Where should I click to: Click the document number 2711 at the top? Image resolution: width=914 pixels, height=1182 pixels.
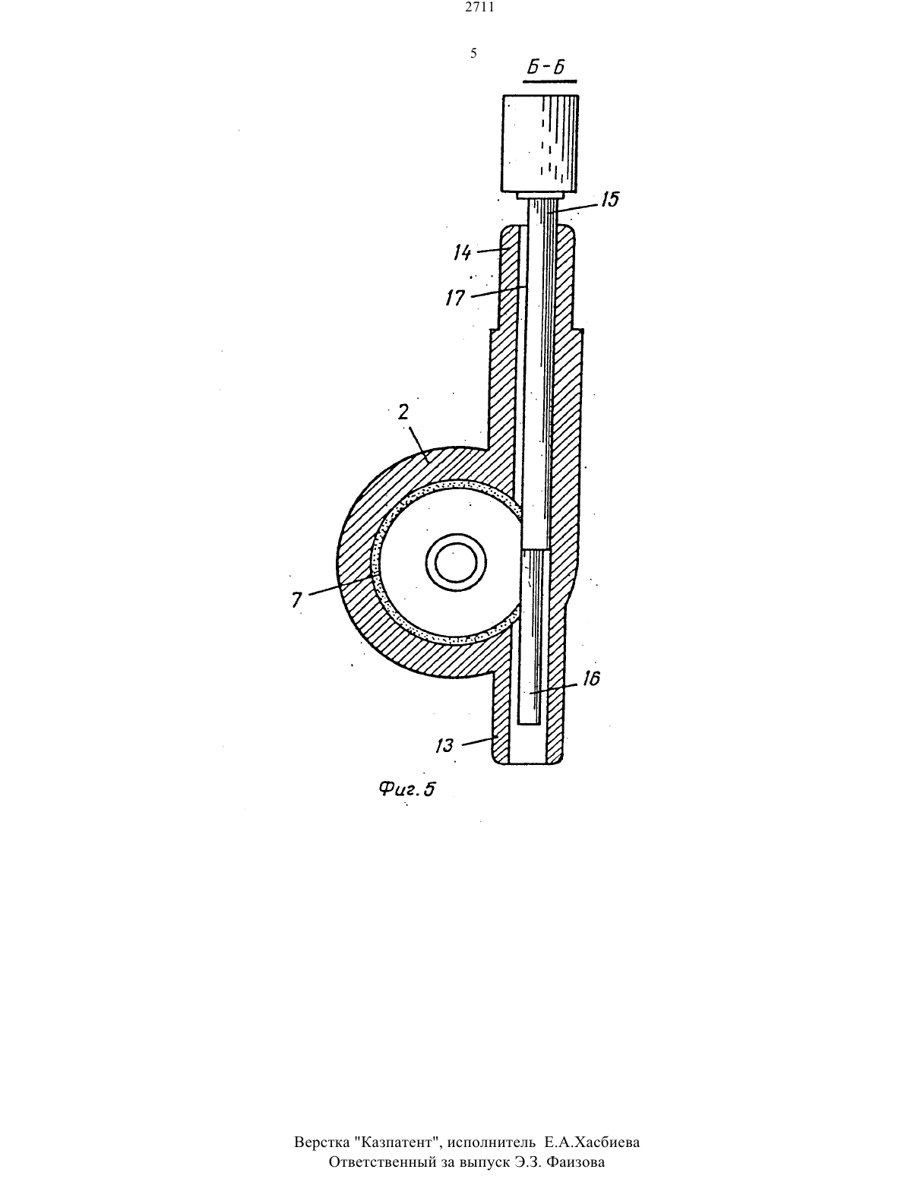pos(479,8)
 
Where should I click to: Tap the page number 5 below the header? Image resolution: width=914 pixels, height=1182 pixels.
pos(473,53)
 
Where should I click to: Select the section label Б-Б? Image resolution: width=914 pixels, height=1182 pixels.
pos(547,68)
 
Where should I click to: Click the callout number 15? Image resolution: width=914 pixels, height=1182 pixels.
pos(610,200)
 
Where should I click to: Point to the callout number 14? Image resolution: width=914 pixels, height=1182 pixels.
pos(463,252)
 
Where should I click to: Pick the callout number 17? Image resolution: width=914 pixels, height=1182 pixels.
pos(455,298)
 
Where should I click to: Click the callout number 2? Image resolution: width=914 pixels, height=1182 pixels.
pos(403,412)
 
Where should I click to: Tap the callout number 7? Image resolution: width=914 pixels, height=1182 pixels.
pos(296,599)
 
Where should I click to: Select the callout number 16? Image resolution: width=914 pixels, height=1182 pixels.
pos(591,678)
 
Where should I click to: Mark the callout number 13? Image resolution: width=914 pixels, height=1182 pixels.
pos(444,744)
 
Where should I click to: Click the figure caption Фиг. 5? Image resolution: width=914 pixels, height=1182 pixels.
pos(407,788)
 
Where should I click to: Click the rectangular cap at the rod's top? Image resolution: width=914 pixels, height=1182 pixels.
pos(540,143)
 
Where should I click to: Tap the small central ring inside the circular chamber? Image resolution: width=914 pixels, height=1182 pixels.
pos(456,562)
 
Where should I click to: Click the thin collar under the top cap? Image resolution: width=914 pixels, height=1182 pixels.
pos(540,194)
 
